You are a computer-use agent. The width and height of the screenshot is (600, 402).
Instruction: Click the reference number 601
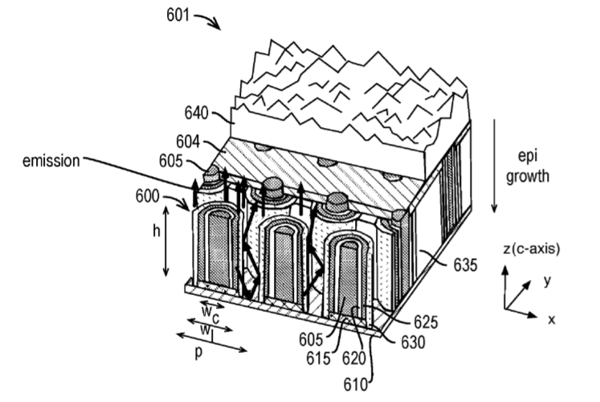(x=178, y=15)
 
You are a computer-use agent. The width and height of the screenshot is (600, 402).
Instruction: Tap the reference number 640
(x=196, y=113)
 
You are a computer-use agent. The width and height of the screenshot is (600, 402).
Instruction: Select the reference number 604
(x=188, y=142)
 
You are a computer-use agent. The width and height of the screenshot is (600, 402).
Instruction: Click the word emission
(x=51, y=161)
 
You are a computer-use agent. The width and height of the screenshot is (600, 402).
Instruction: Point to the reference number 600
(x=147, y=196)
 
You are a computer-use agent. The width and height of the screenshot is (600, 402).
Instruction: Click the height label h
(x=156, y=231)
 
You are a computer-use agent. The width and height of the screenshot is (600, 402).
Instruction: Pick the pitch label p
(x=198, y=353)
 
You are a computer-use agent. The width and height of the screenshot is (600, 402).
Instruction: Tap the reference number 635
(x=466, y=265)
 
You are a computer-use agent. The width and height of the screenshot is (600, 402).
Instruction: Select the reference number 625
(x=426, y=322)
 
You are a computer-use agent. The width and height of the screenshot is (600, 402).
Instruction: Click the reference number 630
(x=413, y=343)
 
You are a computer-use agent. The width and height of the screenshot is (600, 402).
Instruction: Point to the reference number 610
(x=356, y=385)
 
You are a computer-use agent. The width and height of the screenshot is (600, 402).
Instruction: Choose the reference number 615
(x=318, y=359)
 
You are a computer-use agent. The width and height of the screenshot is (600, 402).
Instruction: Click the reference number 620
(x=354, y=359)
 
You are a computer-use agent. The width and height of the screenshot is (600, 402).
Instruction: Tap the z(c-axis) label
(x=532, y=249)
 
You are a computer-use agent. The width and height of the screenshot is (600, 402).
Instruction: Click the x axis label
(x=551, y=319)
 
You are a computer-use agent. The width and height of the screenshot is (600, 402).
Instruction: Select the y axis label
(x=548, y=281)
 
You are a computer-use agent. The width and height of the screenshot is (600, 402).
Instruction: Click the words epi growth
(x=528, y=166)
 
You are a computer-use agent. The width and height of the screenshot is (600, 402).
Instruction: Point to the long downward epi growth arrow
(x=494, y=166)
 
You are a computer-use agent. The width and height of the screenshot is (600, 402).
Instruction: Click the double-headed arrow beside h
(x=165, y=241)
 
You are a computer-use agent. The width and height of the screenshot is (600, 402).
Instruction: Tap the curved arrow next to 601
(x=208, y=21)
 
